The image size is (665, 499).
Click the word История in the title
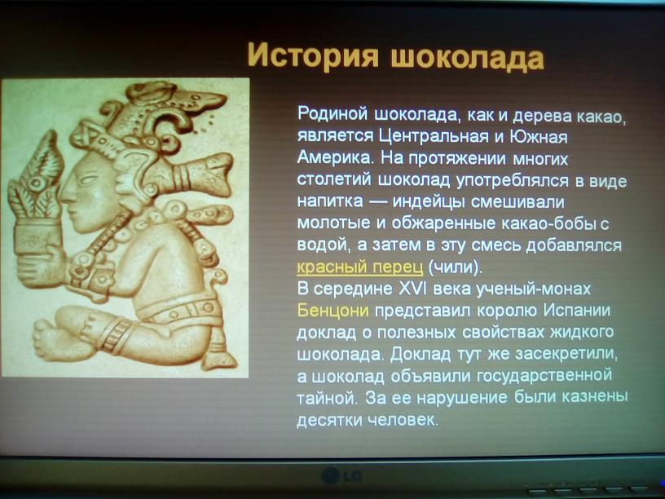313,55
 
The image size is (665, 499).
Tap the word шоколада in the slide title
467,57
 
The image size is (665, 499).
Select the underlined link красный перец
360,267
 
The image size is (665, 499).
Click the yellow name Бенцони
333,310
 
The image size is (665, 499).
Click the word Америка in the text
333,157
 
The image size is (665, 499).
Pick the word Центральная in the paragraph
434,136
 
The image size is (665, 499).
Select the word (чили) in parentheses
455,267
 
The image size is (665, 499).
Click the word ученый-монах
533,289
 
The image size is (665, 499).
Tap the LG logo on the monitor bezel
341,475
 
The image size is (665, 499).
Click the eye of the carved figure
88,179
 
